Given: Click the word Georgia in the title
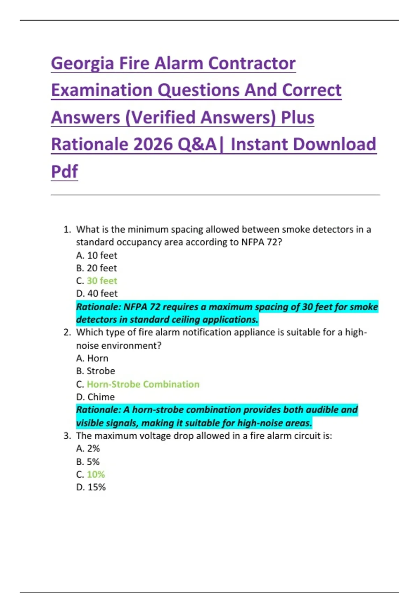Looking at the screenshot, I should click(x=82, y=64).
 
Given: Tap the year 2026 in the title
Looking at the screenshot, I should click(x=153, y=144).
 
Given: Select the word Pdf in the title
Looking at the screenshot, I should click(x=65, y=171).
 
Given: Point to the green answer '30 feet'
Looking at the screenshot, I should click(x=102, y=281).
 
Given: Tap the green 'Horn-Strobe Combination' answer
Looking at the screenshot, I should click(x=143, y=384).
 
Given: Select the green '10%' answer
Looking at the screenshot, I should click(x=96, y=474).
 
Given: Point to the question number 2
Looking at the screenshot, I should click(x=67, y=332).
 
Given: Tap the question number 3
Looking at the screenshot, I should click(x=67, y=436).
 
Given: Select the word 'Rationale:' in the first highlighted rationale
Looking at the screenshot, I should click(x=98, y=307).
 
